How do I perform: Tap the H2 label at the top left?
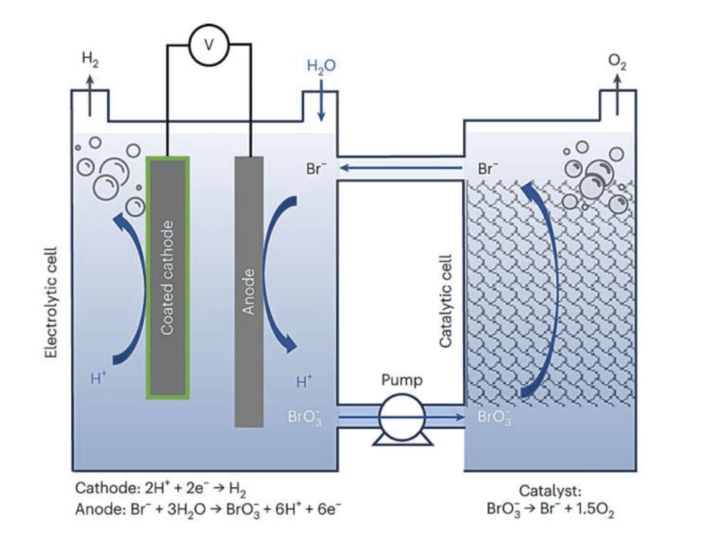89,60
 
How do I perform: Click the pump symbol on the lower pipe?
400,417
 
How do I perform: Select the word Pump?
400,380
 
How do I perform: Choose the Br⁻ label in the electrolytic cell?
312,167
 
